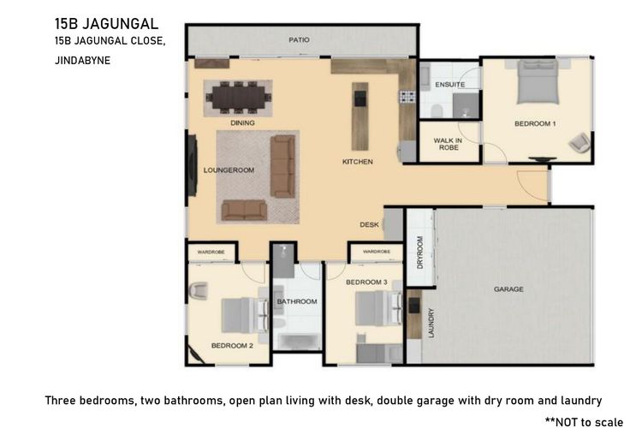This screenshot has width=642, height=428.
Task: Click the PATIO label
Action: tap(299, 39)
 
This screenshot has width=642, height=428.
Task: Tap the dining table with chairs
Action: tap(239, 98)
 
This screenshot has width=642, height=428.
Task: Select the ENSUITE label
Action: tap(449, 85)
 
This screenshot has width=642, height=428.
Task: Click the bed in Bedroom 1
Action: tap(538, 82)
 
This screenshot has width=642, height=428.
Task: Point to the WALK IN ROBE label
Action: tap(449, 144)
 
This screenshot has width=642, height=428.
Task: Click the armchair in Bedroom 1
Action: tap(580, 142)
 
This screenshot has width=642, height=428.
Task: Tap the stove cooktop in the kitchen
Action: tap(407, 97)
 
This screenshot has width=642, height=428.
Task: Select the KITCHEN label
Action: tap(358, 162)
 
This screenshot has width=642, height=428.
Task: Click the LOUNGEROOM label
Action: tap(229, 170)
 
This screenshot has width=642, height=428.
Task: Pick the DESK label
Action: tap(369, 224)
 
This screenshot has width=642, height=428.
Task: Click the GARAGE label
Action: tap(508, 289)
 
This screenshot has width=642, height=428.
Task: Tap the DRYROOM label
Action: tap(419, 253)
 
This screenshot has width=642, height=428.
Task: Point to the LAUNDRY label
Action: tap(431, 324)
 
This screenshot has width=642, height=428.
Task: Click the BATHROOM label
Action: tap(297, 301)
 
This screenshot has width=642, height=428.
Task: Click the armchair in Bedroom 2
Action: tap(199, 291)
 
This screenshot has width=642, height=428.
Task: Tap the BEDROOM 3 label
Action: tap(366, 282)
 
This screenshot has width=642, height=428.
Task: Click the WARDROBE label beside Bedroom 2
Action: tap(211, 252)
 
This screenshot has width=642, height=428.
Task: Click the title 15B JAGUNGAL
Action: tap(106, 24)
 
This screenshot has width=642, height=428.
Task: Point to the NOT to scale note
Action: tap(584, 421)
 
